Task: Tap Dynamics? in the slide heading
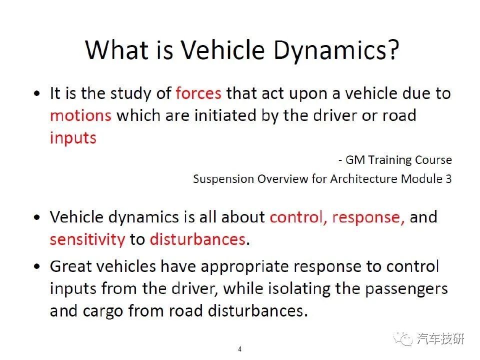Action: click(x=336, y=51)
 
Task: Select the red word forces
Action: click(x=198, y=93)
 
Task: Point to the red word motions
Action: click(x=80, y=115)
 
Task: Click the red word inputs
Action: click(x=73, y=138)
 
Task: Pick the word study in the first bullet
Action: click(x=130, y=93)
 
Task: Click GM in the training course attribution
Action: click(x=355, y=160)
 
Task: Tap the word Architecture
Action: click(x=364, y=179)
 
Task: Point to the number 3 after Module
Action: click(x=449, y=179)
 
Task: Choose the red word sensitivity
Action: click(x=87, y=239)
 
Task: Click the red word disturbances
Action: click(x=198, y=239)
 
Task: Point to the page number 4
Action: click(x=239, y=349)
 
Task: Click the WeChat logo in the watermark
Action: click(x=403, y=339)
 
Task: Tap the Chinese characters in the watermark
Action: click(x=440, y=339)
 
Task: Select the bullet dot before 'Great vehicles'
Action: click(x=37, y=266)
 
